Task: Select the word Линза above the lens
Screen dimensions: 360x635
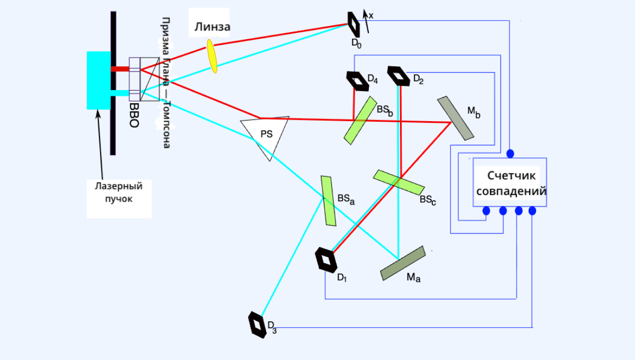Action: click(212, 27)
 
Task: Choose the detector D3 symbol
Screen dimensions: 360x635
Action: click(257, 324)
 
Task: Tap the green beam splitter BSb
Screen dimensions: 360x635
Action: click(360, 120)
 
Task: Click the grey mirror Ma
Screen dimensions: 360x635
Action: click(403, 263)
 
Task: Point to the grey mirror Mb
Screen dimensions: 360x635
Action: click(455, 118)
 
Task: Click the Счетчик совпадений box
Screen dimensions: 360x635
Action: click(510, 183)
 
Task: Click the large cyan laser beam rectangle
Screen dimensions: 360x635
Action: click(98, 80)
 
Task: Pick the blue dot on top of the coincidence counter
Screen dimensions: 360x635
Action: click(510, 154)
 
